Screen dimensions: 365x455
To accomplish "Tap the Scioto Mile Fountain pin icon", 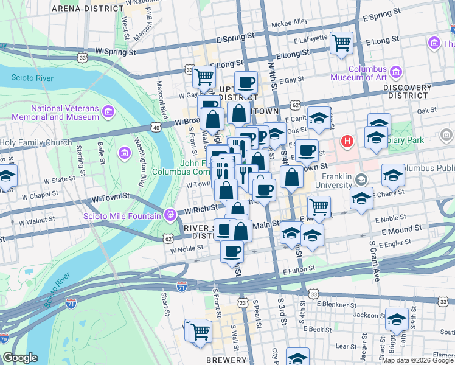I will pyautogui.click(x=169, y=215).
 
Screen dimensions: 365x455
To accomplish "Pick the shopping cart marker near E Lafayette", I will pyautogui.click(x=342, y=43).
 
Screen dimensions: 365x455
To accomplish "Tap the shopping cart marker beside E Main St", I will pyautogui.click(x=319, y=207).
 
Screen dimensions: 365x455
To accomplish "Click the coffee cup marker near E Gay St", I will pyautogui.click(x=246, y=82).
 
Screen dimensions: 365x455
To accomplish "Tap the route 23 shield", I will pyautogui.click(x=243, y=302).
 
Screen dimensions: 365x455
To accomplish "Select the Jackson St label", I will pyautogui.click(x=366, y=315).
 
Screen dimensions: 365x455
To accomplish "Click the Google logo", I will pyautogui.click(x=20, y=358).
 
